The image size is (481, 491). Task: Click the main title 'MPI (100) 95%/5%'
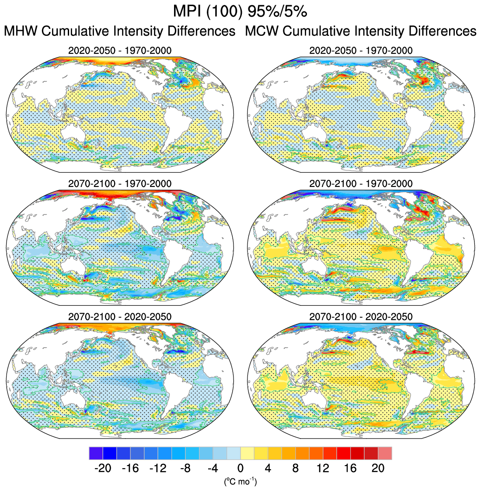240,12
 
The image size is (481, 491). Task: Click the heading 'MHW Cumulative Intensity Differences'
119,31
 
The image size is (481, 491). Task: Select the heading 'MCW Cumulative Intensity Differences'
361,31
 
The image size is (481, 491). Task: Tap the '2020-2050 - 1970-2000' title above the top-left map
120,51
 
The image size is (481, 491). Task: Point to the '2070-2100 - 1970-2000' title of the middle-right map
361,183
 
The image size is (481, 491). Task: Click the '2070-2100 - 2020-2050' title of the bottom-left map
120,316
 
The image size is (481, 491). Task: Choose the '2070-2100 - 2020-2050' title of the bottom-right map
361,316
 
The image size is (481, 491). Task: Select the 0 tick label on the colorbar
240,468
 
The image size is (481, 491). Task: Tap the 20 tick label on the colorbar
378,468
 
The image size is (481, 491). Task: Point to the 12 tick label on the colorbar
323,468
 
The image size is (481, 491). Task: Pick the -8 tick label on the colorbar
185,468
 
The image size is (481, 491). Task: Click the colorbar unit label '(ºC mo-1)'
240,482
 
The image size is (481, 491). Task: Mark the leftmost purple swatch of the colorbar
96,453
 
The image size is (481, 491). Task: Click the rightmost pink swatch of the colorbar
385,453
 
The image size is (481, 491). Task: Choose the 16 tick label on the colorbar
350,468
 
